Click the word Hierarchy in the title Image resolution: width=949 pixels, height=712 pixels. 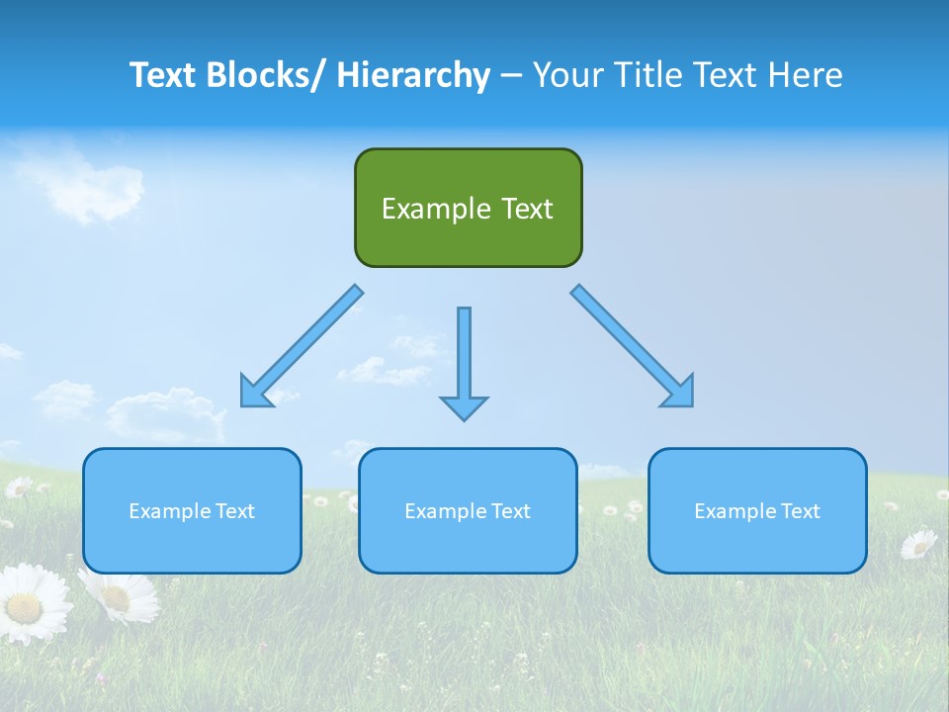click(413, 75)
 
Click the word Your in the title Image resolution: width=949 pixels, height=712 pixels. click(567, 75)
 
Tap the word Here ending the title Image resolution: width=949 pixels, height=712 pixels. click(807, 75)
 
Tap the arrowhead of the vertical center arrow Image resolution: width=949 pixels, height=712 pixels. click(464, 406)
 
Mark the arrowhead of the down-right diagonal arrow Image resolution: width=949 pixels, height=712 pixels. click(678, 392)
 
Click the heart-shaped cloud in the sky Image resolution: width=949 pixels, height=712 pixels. click(94, 190)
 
